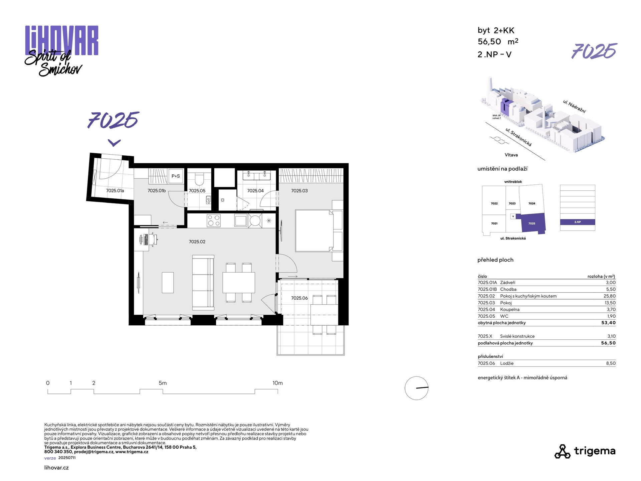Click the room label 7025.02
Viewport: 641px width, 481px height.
point(197,242)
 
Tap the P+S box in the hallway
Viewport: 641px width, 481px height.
point(176,176)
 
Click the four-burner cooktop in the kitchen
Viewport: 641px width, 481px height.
point(214,220)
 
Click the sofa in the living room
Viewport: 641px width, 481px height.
point(203,282)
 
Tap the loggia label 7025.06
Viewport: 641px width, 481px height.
point(299,298)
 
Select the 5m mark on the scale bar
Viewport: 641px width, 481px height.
point(163,383)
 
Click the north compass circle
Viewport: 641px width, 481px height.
point(416,388)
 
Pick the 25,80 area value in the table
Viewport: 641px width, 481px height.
point(610,296)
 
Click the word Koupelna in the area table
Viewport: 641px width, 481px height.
point(509,309)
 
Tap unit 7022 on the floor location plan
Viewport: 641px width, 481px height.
point(494,203)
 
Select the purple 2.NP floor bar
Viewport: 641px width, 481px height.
point(577,222)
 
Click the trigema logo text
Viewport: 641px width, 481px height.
point(595,451)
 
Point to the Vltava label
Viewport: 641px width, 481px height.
point(511,155)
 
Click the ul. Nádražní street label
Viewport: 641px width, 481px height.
point(574,106)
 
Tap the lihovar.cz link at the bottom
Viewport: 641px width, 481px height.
point(56,468)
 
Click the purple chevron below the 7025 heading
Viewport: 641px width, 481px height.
point(114,143)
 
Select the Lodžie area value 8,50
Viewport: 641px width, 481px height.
point(611,363)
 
